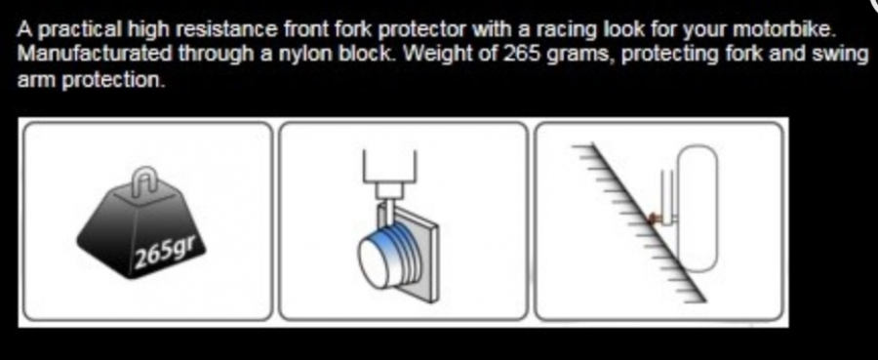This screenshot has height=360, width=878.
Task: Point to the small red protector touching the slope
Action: coord(652,220)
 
